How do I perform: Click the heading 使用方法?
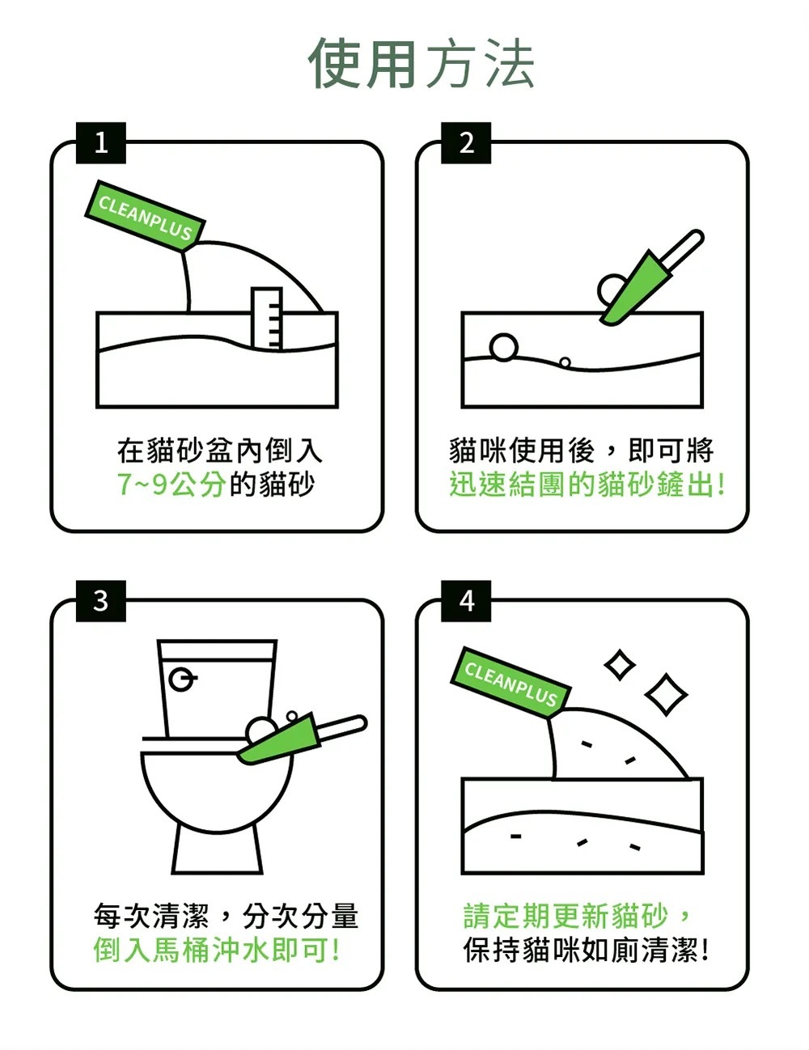point(421,64)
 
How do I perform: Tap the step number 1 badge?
point(101,143)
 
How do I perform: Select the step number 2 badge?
point(466,143)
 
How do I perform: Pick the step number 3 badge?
point(101,601)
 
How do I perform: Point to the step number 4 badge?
point(466,601)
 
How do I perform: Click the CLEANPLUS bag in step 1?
point(145,215)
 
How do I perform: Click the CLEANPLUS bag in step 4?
point(510,682)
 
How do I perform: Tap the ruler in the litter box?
point(266,319)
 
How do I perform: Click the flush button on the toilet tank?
point(183,680)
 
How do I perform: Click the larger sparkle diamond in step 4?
point(667,694)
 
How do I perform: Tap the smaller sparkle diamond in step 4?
point(620,666)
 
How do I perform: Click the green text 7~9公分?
point(171,485)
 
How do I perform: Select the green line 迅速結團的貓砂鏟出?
point(587,485)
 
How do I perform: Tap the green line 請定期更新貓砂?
point(565,916)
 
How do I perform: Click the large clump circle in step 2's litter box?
point(503,347)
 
